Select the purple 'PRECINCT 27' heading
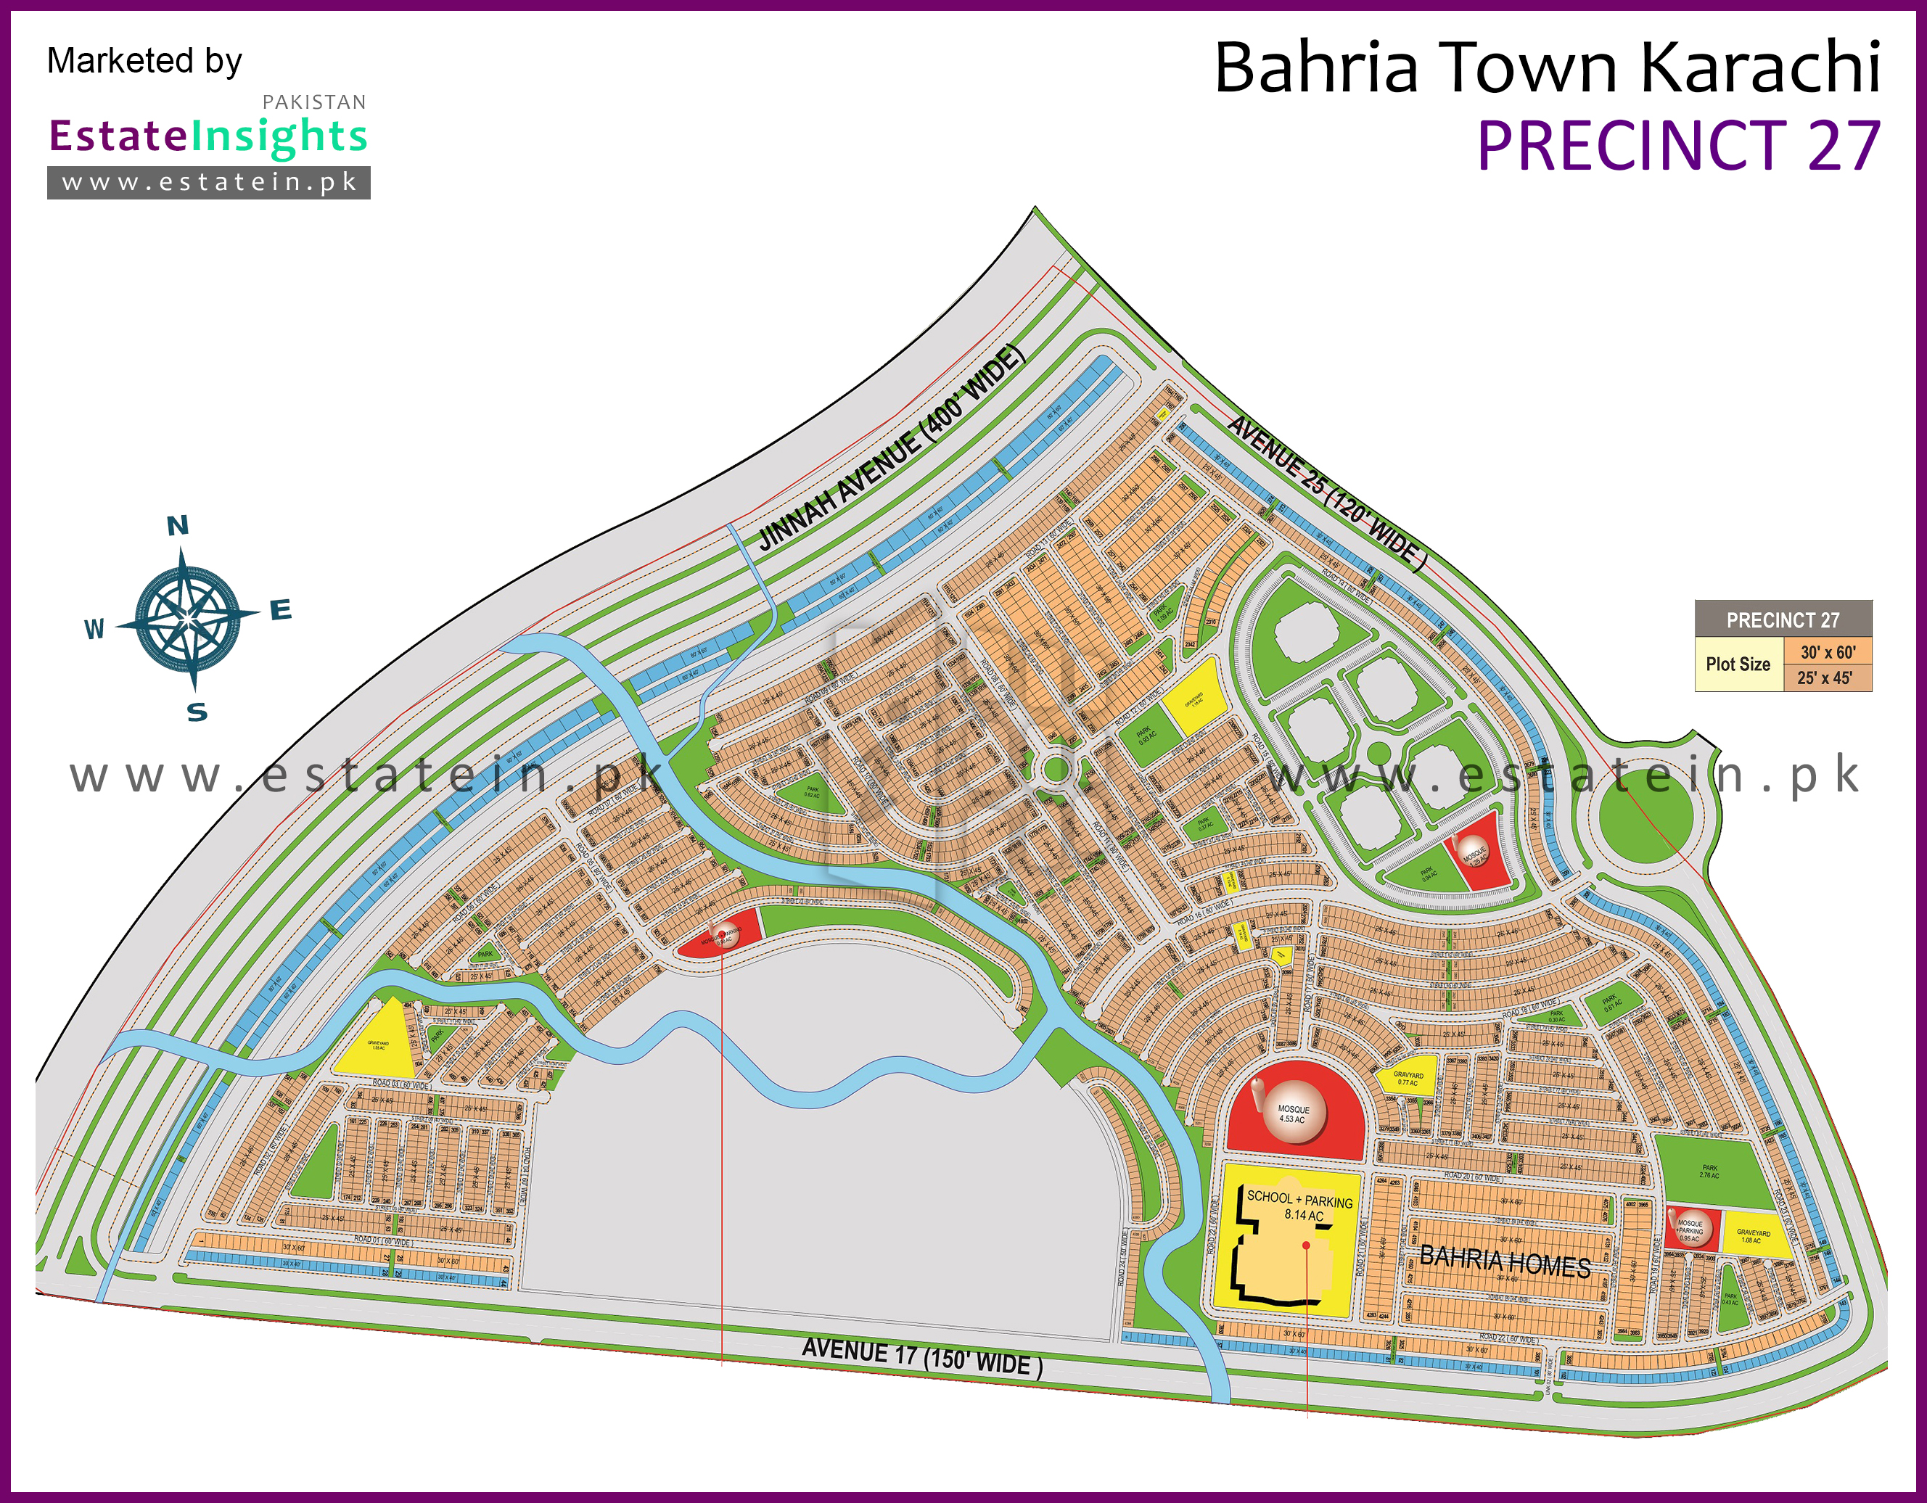pos(1678,146)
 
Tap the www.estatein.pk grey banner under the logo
pos(209,183)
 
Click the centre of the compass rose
pos(187,618)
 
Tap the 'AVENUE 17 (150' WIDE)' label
pos(922,1356)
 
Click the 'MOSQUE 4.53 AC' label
pos(1294,1114)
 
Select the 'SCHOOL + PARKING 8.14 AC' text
pos(1299,1206)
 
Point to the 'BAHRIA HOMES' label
pos(1505,1261)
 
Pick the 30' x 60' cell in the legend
pos(1828,653)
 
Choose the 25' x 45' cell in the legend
pos(1825,678)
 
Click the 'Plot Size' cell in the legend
pos(1738,665)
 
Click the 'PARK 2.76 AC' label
pos(1709,1171)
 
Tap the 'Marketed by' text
pos(144,61)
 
